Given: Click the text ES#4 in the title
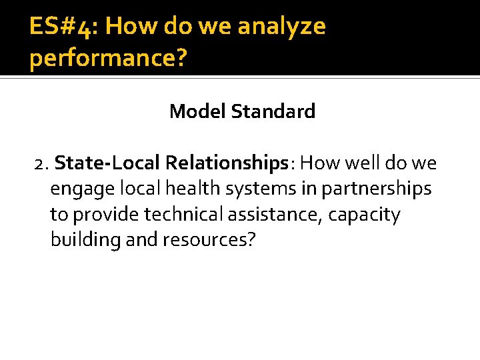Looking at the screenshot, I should click(x=62, y=27).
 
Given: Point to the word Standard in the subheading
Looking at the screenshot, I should click(x=273, y=111).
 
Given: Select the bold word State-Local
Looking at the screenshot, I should click(x=107, y=163).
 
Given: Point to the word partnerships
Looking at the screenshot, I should click(x=377, y=189).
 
